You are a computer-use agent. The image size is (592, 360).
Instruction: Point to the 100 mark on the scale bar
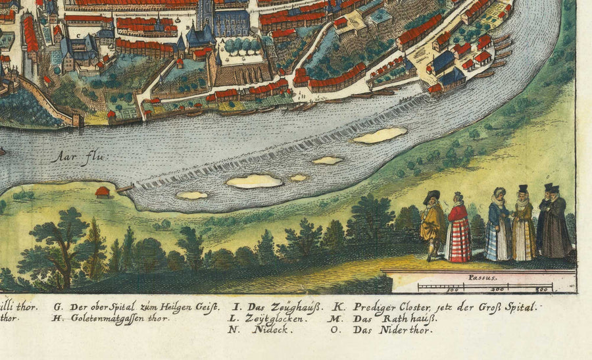click(453, 290)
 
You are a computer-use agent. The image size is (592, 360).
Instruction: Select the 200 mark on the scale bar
click(498, 290)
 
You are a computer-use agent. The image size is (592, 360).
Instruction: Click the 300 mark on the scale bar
click(541, 290)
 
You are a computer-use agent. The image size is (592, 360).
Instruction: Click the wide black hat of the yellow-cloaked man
click(432, 195)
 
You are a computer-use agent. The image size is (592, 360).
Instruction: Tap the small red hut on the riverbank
click(102, 192)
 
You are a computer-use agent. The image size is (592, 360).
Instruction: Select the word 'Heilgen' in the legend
click(178, 307)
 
